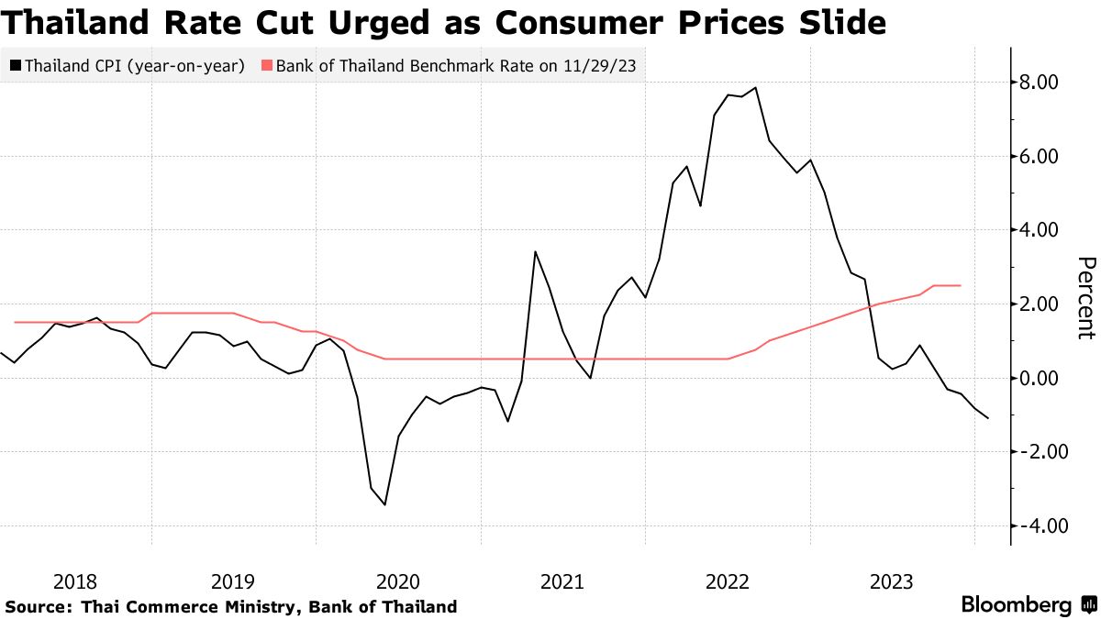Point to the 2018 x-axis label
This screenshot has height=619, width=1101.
click(75, 581)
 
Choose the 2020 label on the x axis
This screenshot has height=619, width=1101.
click(397, 581)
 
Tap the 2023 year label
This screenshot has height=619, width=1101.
click(890, 581)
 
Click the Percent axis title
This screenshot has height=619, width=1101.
click(1085, 298)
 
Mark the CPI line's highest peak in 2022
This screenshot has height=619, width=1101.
click(755, 88)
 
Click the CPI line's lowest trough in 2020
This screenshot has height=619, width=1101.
click(384, 504)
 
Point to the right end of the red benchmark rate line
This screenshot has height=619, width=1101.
click(960, 285)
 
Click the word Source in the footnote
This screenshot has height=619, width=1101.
click(37, 606)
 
